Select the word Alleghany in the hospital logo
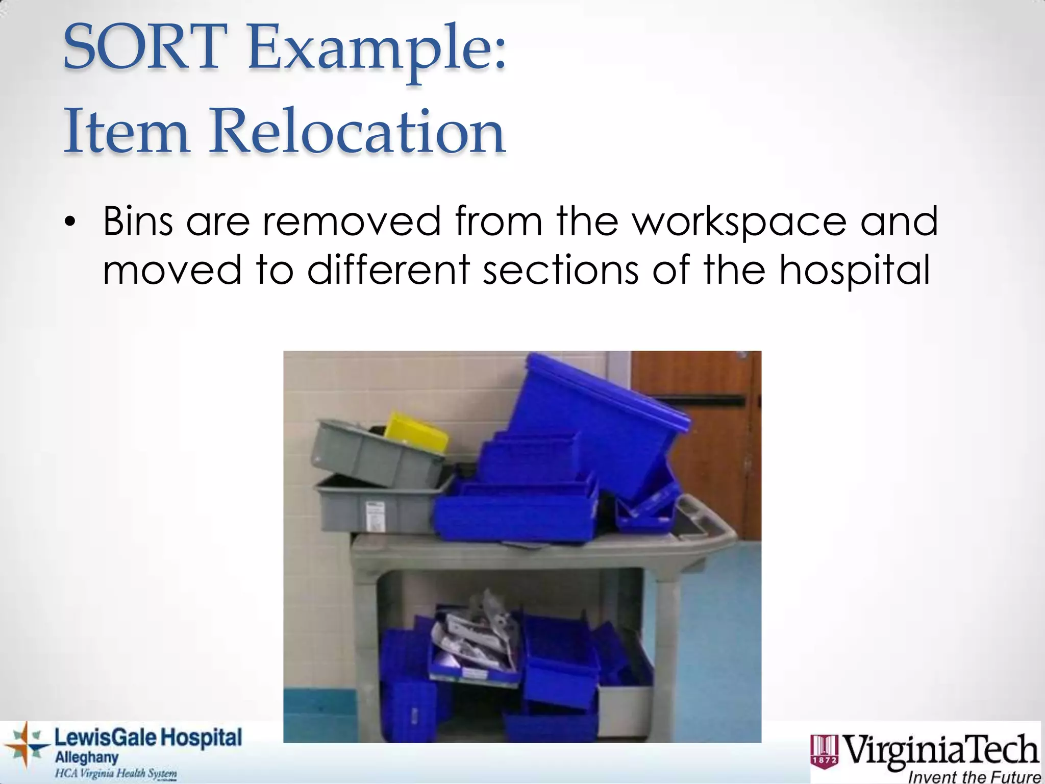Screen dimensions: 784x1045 coord(87,757)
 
